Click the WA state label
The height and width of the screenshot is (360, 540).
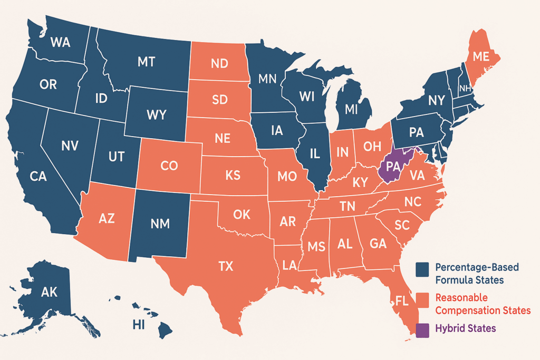(x=60, y=43)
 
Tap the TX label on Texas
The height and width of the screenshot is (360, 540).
(x=225, y=266)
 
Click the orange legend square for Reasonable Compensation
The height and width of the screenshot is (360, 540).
(x=422, y=300)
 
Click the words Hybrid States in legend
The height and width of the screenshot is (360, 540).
(x=466, y=328)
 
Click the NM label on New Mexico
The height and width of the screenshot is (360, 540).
(x=160, y=223)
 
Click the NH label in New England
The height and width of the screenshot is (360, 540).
(x=465, y=88)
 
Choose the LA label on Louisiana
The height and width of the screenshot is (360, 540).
(x=289, y=264)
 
